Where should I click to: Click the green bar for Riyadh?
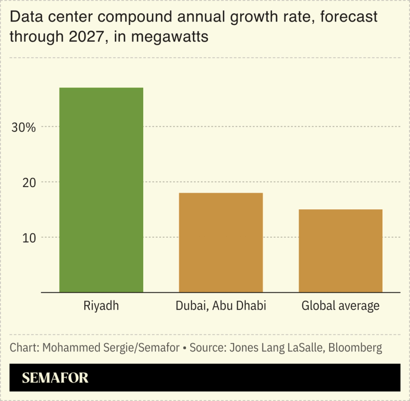(x=101, y=189)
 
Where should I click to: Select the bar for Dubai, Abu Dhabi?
(x=221, y=242)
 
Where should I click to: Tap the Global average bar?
(x=340, y=250)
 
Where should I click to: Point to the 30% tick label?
(x=24, y=127)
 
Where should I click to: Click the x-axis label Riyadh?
(x=101, y=305)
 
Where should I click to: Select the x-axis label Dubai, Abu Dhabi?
(x=221, y=306)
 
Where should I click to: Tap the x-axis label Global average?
(x=340, y=306)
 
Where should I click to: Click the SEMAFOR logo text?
(x=55, y=378)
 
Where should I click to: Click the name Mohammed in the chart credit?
(x=65, y=348)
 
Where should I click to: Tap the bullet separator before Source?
(x=185, y=348)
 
